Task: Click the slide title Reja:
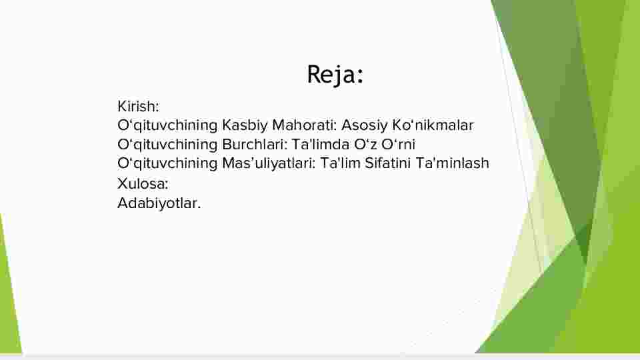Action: pos(335,75)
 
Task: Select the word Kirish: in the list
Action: pos(138,107)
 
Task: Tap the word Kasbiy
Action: pos(245,126)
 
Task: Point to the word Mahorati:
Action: pos(305,125)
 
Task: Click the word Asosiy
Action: pos(364,126)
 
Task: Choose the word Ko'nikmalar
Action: pos(433,125)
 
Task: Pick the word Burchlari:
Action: pos(255,145)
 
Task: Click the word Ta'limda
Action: pos(321,145)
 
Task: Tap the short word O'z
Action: pos(365,145)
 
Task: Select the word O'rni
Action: pos(399,145)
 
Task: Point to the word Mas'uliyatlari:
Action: pos(269,163)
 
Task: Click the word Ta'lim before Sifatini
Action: pos(340,163)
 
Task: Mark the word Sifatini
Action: pos(387,163)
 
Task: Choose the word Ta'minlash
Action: pos(452,163)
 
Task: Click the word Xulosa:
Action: pos(143,184)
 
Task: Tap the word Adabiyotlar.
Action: pos(159,203)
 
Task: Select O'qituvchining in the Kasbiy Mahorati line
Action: pos(167,126)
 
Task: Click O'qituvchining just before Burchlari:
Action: pos(167,145)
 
